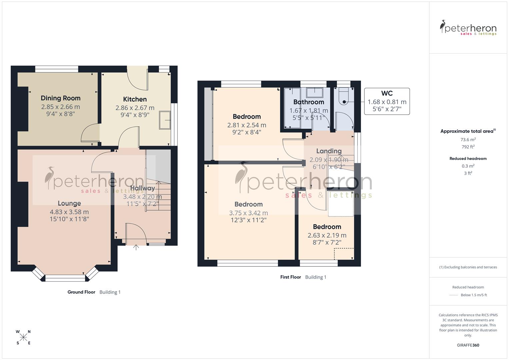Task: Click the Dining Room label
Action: pos(60,98)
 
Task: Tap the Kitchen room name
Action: pos(135,99)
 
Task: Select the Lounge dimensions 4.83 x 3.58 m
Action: pos(69,212)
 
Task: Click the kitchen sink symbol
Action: pos(165,120)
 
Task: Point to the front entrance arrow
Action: pos(136,247)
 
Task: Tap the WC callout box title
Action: pos(387,93)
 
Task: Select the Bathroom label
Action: pos(308,102)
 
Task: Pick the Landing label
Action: pos(329,151)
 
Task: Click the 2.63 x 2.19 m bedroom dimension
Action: pos(327,235)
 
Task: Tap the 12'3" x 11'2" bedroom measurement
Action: pos(248,220)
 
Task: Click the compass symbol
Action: pos(23,337)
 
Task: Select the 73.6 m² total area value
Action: pos(468,140)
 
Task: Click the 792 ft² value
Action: pos(468,147)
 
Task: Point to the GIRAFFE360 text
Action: pos(468,345)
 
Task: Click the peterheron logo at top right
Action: pos(468,28)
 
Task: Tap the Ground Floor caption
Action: pos(81,292)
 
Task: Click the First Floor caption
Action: pos(290,277)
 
